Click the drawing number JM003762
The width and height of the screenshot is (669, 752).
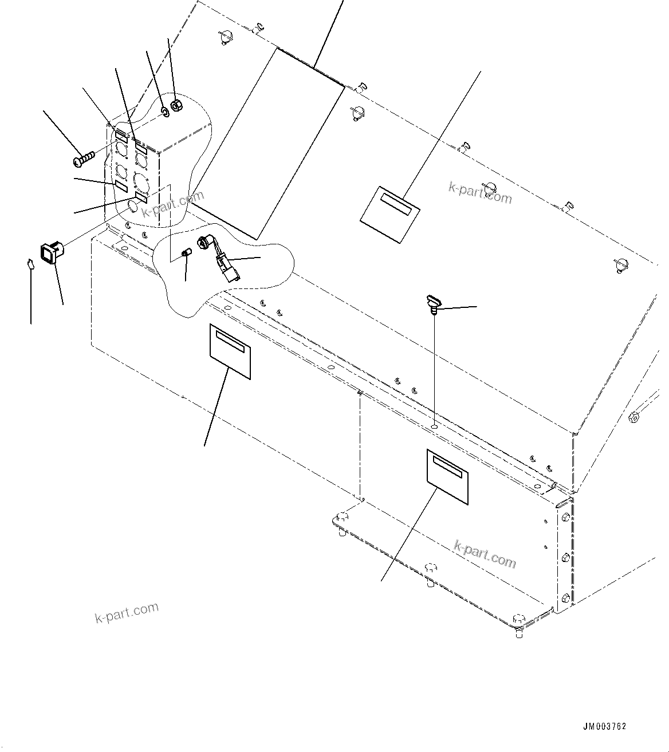pos(604,727)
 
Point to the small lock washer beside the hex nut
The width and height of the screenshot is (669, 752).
pos(164,111)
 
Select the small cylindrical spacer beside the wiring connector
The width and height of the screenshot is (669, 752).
pos(186,254)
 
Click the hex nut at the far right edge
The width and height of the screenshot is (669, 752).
pos(633,417)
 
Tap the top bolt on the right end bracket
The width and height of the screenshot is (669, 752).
pos(566,517)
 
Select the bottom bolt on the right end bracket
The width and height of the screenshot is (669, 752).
pos(566,598)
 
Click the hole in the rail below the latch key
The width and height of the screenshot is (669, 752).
pos(435,426)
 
